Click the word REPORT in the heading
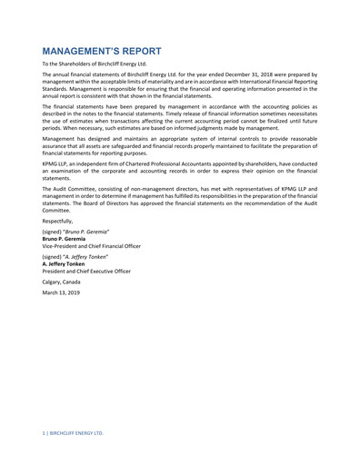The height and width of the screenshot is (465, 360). [x=137, y=52]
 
